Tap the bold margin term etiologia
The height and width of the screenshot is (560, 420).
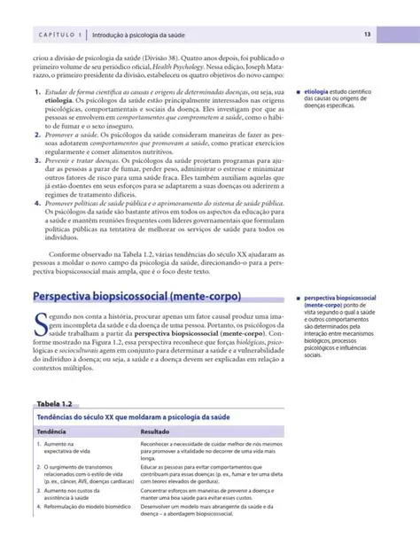[x=321, y=92]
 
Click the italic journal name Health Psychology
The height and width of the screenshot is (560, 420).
[x=183, y=67]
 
